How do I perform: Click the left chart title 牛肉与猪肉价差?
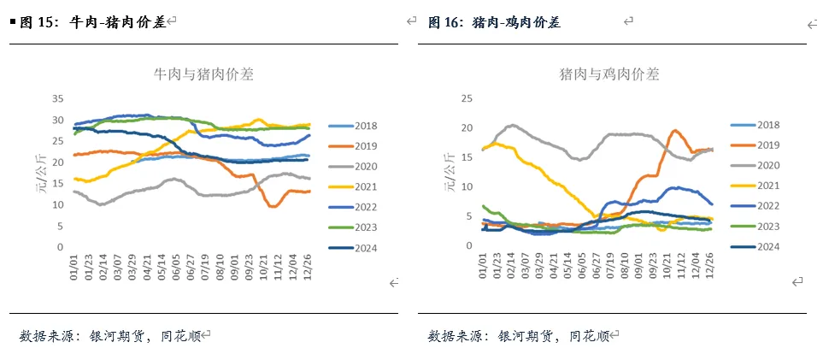[x=203, y=74]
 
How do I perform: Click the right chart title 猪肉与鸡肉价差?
[x=609, y=74]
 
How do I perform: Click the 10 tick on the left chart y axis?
[x=58, y=204]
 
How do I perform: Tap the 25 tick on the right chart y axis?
[x=467, y=98]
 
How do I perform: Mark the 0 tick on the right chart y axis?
[x=470, y=245]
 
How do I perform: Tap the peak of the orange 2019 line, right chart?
[x=674, y=130]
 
